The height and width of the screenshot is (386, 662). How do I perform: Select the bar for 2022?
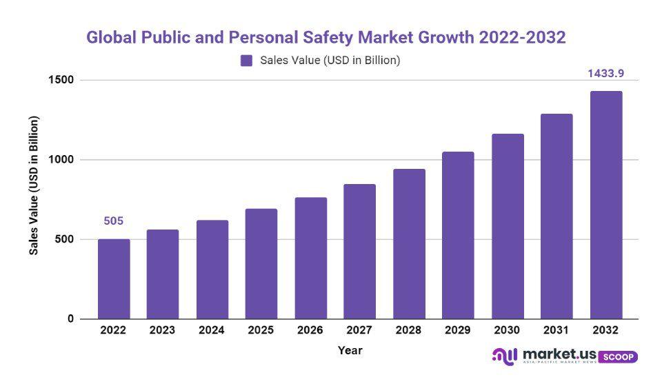(114, 279)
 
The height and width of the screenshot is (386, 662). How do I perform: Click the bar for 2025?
(261, 264)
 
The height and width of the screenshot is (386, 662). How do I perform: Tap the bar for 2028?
(409, 244)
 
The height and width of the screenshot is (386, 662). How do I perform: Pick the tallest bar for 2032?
(606, 205)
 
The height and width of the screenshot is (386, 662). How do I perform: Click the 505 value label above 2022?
(114, 221)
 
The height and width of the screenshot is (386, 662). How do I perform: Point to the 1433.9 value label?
(606, 74)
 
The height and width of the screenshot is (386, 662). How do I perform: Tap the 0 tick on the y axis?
(70, 319)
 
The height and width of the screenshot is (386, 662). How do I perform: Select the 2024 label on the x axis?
(212, 330)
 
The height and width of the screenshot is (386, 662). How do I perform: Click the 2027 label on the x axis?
(359, 330)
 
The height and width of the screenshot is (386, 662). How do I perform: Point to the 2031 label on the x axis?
(556, 330)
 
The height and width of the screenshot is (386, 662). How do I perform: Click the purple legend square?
(246, 61)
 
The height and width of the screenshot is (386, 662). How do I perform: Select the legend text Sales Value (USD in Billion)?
(330, 61)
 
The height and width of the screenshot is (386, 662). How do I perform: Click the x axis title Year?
(350, 350)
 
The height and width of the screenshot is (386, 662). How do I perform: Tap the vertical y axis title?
(34, 185)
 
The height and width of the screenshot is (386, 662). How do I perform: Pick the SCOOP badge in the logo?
(618, 357)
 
